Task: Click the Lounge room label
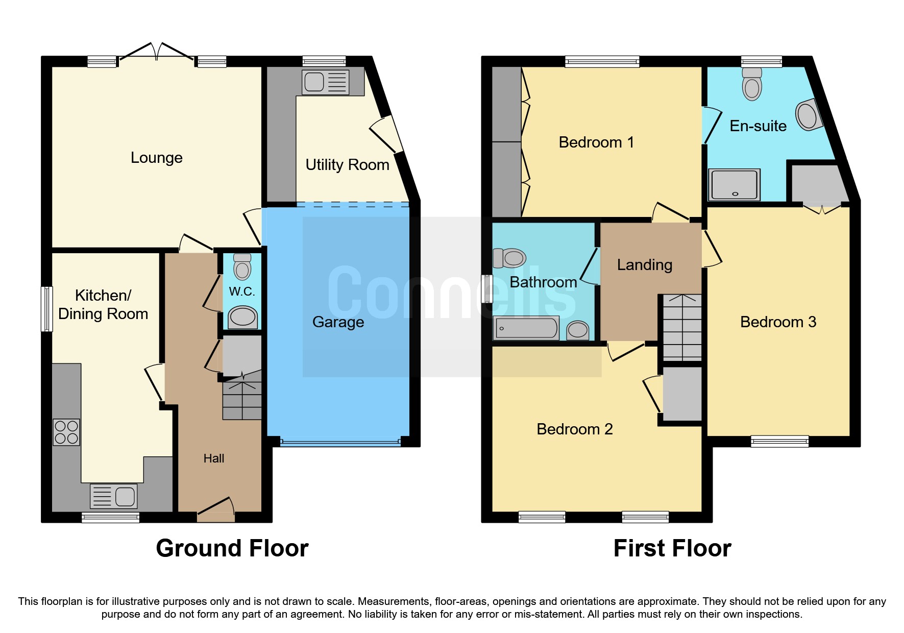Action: click(x=156, y=158)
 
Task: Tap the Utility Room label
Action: click(x=347, y=165)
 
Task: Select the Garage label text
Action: click(x=338, y=322)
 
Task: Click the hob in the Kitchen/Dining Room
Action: click(x=66, y=432)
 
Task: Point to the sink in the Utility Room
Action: click(x=325, y=82)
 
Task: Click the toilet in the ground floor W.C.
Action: click(x=242, y=267)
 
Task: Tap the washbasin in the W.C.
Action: click(x=242, y=318)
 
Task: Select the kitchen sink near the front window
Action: click(x=113, y=496)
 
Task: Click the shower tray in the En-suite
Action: click(x=734, y=185)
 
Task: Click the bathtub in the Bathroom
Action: click(x=526, y=328)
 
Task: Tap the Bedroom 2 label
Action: click(x=574, y=429)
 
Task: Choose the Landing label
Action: click(x=644, y=265)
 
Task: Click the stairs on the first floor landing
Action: click(x=682, y=327)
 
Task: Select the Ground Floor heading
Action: click(x=232, y=548)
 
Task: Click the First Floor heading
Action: click(x=672, y=548)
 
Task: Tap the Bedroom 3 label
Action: click(x=778, y=322)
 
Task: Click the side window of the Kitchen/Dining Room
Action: click(x=46, y=309)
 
